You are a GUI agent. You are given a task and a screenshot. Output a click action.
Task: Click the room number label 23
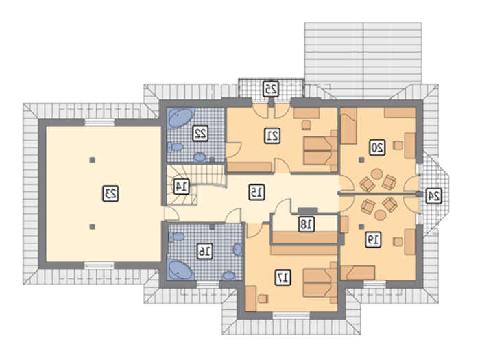[110, 193]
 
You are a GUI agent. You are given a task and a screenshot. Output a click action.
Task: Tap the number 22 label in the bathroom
[200, 133]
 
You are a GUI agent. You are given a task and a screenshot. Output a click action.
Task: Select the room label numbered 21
[272, 136]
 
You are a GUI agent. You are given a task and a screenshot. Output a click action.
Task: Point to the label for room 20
[377, 148]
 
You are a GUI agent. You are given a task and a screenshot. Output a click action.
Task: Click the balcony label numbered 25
[271, 88]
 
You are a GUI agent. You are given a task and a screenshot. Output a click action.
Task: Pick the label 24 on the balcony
[433, 196]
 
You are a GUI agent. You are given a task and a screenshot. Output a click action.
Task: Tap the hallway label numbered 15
[256, 192]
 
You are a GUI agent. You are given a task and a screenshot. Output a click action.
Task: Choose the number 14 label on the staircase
[182, 186]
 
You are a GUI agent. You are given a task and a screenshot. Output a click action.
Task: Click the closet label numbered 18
[307, 225]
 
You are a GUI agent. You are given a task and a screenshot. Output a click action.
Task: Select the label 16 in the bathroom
[204, 251]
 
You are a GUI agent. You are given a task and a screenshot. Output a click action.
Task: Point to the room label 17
[283, 278]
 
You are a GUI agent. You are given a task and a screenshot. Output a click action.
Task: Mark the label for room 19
[373, 239]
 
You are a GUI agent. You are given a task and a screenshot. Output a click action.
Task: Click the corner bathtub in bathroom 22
[180, 119]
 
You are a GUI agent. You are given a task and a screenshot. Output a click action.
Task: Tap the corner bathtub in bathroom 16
[180, 270]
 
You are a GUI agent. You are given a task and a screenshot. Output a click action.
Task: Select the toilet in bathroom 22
[175, 147]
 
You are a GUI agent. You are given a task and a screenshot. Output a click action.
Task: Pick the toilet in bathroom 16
[176, 237]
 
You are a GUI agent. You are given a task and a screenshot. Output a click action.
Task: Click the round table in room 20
[377, 174]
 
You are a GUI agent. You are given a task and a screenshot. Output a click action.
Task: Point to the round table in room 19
[380, 215]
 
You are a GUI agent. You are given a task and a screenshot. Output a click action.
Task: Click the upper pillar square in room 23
[92, 160]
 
